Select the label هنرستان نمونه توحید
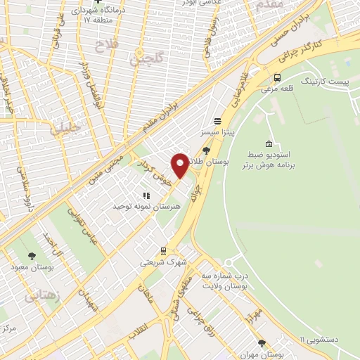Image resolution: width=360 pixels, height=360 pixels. pyautogui.click(x=146, y=207)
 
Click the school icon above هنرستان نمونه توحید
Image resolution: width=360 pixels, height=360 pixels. pyautogui.click(x=146, y=195)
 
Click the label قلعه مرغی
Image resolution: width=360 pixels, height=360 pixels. pyautogui.click(x=277, y=89)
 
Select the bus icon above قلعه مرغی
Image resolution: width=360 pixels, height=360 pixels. pyautogui.click(x=278, y=77)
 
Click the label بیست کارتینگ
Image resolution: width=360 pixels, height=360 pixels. pyautogui.click(x=324, y=82)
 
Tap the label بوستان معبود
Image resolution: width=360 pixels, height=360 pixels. pyautogui.click(x=30, y=267)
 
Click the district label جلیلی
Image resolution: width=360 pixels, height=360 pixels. pyautogui.click(x=65, y=127)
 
